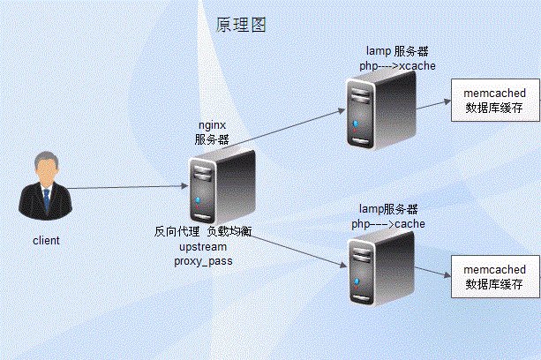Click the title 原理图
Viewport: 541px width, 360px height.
click(x=241, y=25)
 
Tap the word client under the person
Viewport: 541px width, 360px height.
click(x=46, y=239)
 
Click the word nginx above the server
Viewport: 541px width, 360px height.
click(x=212, y=125)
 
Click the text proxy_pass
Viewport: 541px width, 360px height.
click(x=203, y=262)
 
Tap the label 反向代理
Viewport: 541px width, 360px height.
click(x=177, y=232)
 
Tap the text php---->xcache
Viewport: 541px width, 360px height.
click(x=397, y=66)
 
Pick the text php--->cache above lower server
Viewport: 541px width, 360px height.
click(x=388, y=224)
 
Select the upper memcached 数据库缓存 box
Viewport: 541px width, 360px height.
click(x=494, y=99)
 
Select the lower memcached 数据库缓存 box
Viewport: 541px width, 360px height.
click(x=494, y=276)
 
